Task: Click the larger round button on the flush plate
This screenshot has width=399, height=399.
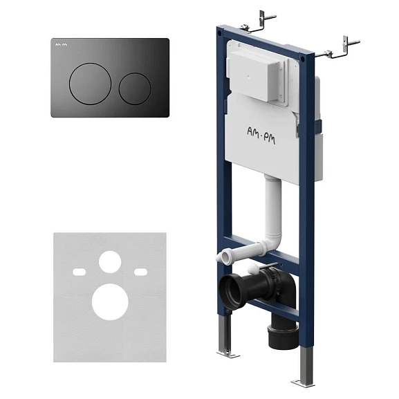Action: (x=90, y=84)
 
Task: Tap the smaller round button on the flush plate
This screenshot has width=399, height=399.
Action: (x=135, y=89)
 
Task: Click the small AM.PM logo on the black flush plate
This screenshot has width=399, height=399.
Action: (x=62, y=45)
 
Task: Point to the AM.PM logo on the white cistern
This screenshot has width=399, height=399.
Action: (x=261, y=136)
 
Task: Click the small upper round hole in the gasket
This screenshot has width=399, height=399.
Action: (x=110, y=262)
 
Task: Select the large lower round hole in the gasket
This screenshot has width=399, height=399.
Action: (x=110, y=301)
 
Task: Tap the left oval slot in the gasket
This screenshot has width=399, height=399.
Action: (x=79, y=272)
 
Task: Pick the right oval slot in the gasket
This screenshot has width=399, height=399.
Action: (x=140, y=272)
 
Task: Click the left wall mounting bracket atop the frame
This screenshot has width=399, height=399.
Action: (x=259, y=23)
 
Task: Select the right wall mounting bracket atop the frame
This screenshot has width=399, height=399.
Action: (x=338, y=49)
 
